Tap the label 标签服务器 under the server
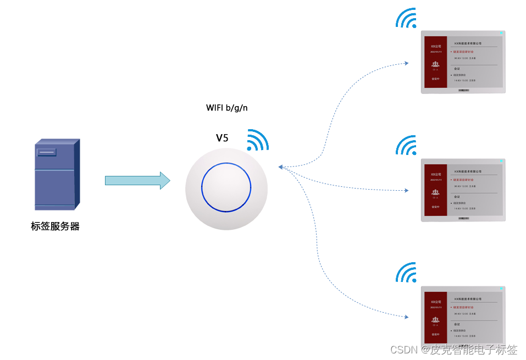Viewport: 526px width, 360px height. (x=55, y=226)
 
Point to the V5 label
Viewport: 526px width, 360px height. (x=222, y=138)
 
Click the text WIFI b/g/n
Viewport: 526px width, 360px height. (x=226, y=108)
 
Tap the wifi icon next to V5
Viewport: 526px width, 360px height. (x=256, y=141)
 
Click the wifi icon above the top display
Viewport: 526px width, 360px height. (x=407, y=19)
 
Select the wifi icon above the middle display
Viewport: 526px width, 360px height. (x=407, y=146)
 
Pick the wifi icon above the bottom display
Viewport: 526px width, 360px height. (x=407, y=273)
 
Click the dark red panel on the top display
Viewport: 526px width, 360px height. (x=435, y=62)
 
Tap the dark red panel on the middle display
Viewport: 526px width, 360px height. (x=435, y=190)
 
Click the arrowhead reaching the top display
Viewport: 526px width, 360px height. (x=406, y=63)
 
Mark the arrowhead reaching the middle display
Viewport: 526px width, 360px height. (x=406, y=191)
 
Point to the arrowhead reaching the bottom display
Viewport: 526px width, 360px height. (x=406, y=317)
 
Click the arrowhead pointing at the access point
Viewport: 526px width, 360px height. (x=280, y=167)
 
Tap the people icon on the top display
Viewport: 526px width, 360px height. (x=435, y=64)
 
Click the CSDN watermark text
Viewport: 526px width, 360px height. (x=453, y=350)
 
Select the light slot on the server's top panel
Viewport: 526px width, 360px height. (x=47, y=152)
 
